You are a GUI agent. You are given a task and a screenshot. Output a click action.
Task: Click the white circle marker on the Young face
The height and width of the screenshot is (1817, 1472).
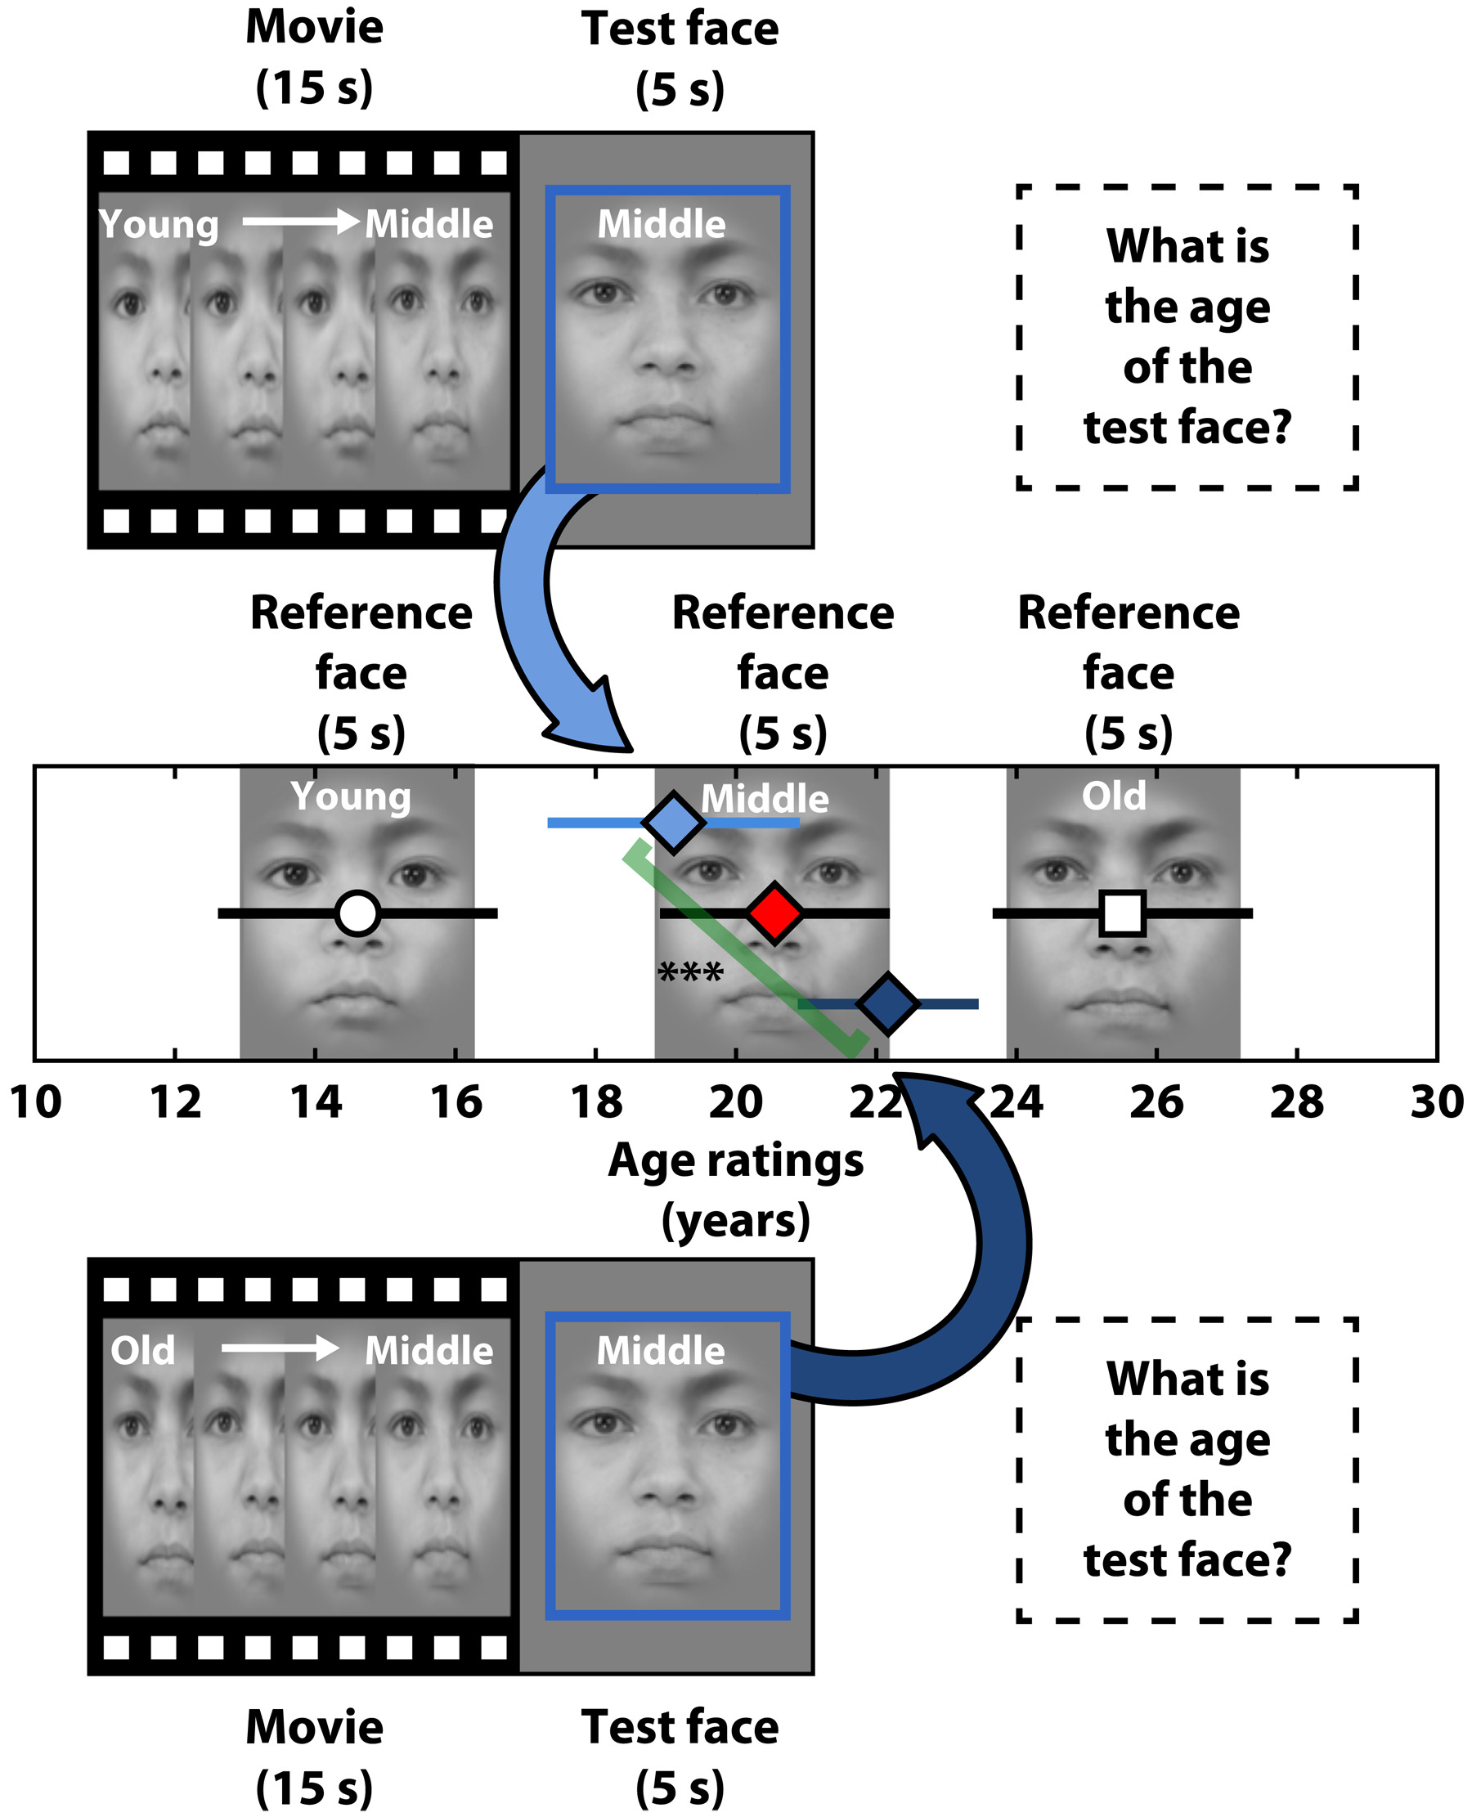click(x=357, y=913)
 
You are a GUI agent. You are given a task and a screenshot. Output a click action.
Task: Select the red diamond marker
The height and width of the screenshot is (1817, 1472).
click(x=774, y=913)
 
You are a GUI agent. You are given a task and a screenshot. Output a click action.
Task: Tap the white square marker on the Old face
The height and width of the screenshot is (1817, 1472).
click(x=1123, y=913)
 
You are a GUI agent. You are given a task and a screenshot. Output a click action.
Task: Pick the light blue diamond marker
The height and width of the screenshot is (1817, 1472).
click(x=673, y=822)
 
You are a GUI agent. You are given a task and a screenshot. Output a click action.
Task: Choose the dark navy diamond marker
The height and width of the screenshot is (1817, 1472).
click(x=888, y=1004)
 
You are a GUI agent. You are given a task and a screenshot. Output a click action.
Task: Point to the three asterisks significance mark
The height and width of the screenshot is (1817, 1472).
click(x=690, y=971)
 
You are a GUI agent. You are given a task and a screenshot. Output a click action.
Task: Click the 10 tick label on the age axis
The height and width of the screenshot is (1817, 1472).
click(x=36, y=1103)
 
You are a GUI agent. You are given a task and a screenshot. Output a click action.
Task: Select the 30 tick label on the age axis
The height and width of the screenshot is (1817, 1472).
click(x=1436, y=1103)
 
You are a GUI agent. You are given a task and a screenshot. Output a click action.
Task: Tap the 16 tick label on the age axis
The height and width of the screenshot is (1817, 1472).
click(x=456, y=1103)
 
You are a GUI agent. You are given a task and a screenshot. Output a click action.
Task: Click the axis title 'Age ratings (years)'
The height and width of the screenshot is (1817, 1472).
click(x=736, y=1190)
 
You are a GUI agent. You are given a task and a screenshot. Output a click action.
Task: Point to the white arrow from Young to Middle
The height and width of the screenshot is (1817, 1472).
click(x=301, y=222)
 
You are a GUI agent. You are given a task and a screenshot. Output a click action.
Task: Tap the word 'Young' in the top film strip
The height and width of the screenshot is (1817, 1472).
click(x=159, y=225)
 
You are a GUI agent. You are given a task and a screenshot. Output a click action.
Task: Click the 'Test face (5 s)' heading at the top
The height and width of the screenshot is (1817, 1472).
click(x=680, y=60)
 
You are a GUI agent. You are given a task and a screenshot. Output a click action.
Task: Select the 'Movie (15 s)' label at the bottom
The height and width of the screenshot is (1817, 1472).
click(x=315, y=1756)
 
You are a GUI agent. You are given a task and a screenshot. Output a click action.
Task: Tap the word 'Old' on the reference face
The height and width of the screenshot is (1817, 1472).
click(x=1113, y=796)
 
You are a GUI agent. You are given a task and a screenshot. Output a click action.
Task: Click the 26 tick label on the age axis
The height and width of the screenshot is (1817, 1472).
click(x=1156, y=1103)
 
